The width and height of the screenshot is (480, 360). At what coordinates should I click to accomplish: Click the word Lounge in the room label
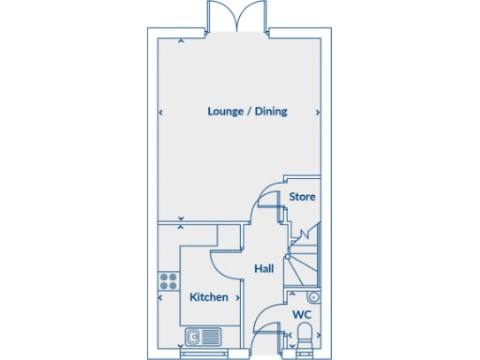coord(224,112)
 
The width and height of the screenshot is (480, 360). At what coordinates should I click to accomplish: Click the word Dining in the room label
coord(270,112)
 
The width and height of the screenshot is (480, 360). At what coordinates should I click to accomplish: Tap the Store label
coord(302,197)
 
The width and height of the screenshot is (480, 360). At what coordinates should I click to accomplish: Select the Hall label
coord(264,269)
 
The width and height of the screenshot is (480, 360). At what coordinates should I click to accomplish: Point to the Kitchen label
coord(209,297)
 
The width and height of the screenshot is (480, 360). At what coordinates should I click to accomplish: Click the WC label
coord(302,315)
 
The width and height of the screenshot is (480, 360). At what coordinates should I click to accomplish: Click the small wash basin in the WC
coord(314,297)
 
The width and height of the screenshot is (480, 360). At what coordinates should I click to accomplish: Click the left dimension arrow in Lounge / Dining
coord(160,112)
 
